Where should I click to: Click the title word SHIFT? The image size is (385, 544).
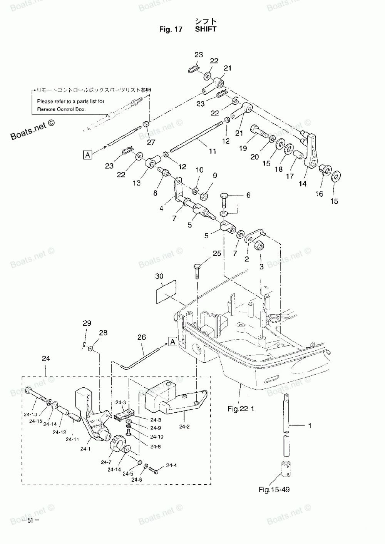206,29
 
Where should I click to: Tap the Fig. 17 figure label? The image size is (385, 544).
171,29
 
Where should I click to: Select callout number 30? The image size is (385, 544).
159,276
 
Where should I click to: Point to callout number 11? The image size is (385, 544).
213,151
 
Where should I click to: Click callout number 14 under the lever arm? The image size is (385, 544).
303,184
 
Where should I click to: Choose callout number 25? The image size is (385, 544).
217,253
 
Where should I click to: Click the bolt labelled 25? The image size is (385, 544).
197,271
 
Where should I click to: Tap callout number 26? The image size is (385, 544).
142,337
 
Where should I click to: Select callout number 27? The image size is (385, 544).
151,142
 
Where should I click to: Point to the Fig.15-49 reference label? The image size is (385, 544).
274,490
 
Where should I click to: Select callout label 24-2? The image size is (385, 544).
184,426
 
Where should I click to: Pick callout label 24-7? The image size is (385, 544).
106,462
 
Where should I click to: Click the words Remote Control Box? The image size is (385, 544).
61,109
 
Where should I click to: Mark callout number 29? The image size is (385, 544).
87,323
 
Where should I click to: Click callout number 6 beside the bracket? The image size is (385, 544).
248,195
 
